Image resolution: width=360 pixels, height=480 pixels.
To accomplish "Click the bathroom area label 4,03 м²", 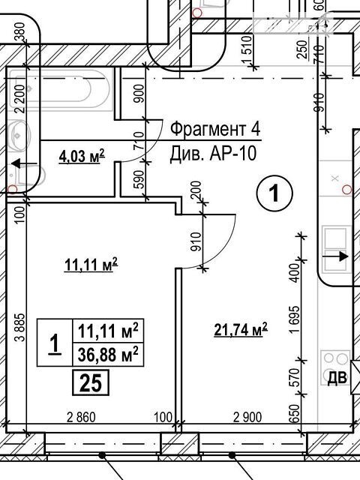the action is coord(82,156).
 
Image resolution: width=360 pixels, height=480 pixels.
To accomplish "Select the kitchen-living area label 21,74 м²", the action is coord(241,330).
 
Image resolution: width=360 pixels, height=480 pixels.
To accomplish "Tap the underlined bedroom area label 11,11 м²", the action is coord(91,265).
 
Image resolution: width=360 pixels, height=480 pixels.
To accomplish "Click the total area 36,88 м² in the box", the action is coord(108,355).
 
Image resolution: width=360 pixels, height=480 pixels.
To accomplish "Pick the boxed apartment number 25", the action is coord(91,382).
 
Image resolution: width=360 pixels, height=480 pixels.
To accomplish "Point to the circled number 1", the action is coord(274,193).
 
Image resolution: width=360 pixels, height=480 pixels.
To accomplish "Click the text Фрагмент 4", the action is coord(215,129).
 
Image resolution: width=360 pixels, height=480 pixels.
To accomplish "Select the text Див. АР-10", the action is coord(213,153).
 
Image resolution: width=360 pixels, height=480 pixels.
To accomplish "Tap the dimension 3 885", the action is coord(21,327).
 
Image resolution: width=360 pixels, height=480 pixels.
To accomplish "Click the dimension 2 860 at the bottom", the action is coord(81,417).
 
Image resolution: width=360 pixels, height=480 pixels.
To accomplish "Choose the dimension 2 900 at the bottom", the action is coord(247,417).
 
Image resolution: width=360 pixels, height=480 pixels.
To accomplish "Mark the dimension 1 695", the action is coord(295,319).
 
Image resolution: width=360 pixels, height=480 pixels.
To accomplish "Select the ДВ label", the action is coord(337,378).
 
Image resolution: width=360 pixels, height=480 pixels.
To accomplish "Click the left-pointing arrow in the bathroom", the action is coord(24,164).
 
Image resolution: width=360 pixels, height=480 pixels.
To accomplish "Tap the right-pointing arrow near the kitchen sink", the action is coord(336,256).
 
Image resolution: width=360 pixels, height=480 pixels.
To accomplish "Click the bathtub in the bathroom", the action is coord(59,89).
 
